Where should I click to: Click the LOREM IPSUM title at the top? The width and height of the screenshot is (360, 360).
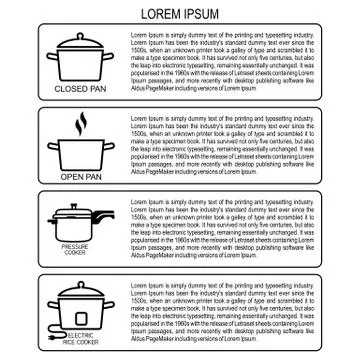pyautogui.click(x=180, y=13)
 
